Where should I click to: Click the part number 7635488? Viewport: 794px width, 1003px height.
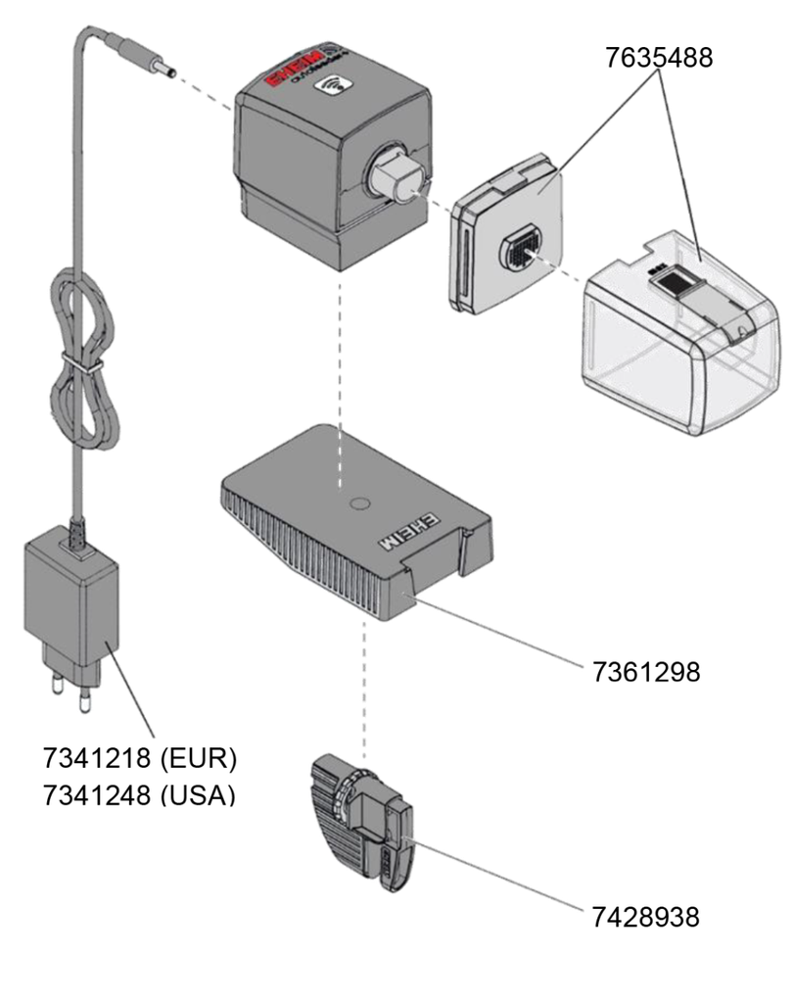[658, 57]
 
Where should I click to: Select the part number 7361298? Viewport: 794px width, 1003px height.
[645, 671]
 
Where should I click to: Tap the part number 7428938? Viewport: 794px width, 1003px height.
[645, 916]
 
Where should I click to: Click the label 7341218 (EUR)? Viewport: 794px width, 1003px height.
[139, 757]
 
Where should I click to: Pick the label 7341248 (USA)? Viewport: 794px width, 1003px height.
[139, 794]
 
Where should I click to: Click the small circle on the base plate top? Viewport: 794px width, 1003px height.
[359, 505]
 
